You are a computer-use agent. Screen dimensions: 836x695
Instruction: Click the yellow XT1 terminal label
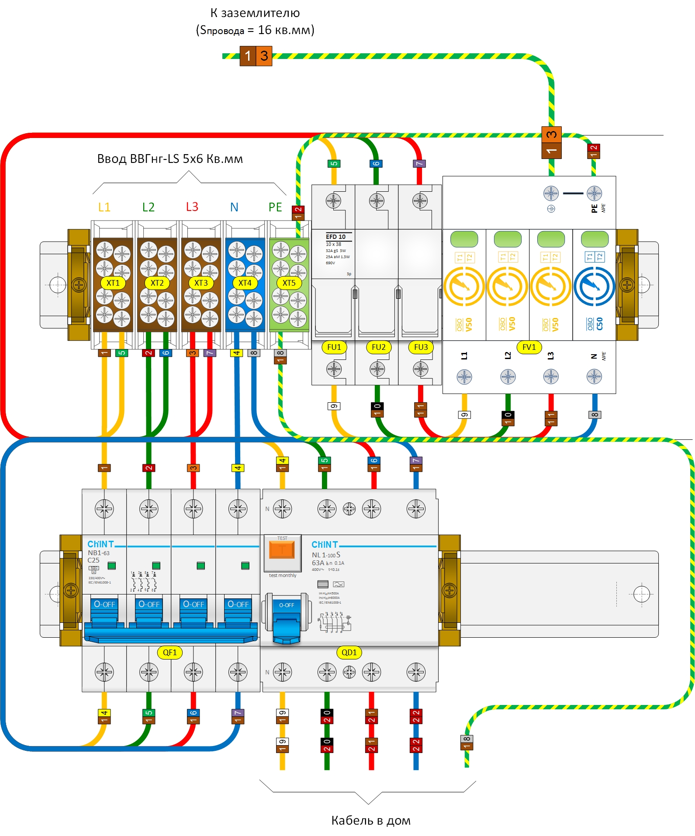[113, 283]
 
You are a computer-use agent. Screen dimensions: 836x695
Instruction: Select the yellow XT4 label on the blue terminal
[245, 283]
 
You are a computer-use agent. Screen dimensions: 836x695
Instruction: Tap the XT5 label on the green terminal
[289, 283]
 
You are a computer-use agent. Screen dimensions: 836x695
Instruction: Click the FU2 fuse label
[378, 347]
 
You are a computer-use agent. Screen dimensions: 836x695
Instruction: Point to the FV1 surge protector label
[529, 347]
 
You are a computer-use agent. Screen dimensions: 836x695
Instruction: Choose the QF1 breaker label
[169, 653]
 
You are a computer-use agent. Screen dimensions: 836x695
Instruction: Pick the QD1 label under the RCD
[349, 653]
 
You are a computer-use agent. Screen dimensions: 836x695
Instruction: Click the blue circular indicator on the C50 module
[594, 287]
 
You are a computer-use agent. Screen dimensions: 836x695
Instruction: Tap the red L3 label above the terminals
[192, 207]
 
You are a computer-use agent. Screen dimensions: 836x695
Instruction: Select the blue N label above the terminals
[234, 207]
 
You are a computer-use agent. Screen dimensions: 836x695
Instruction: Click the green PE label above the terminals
[275, 207]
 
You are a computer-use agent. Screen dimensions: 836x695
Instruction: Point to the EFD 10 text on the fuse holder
[335, 237]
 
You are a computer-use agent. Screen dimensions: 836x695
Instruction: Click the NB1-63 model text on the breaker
[99, 553]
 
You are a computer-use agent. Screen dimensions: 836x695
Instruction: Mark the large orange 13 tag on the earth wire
[256, 56]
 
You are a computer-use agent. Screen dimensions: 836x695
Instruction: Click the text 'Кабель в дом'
[370, 820]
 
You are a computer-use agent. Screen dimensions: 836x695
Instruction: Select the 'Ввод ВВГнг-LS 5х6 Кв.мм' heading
[169, 159]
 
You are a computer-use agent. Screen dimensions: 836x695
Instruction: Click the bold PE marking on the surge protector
[594, 208]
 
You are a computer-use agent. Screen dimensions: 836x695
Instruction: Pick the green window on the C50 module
[595, 239]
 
